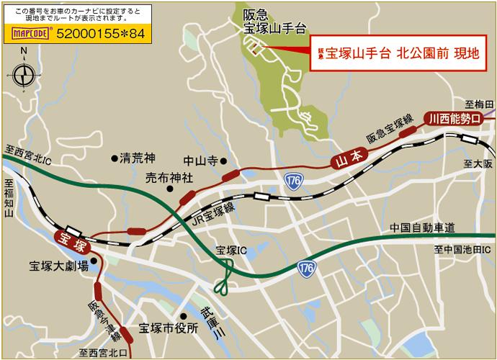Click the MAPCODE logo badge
pyautogui.click(x=31, y=32)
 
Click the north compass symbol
pyautogui.click(x=24, y=73)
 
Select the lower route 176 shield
pyautogui.click(x=306, y=268)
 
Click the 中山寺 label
pyautogui.click(x=201, y=162)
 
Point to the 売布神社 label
pyautogui.click(x=169, y=178)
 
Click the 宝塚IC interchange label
pyautogui.click(x=231, y=251)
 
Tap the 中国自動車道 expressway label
pyautogui.click(x=422, y=228)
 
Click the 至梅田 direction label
pyautogui.click(x=476, y=104)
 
